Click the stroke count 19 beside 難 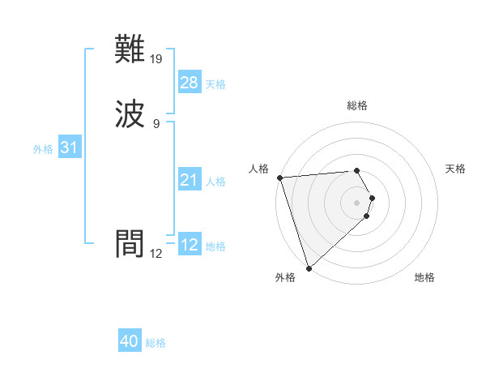pyautogui.click(x=156, y=58)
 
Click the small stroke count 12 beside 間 pyautogui.click(x=156, y=253)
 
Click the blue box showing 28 pyautogui.click(x=190, y=83)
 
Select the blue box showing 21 pyautogui.click(x=190, y=180)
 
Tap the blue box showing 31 pyautogui.click(x=69, y=148)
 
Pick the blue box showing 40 pyautogui.click(x=130, y=341)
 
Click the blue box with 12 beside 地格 pyautogui.click(x=190, y=245)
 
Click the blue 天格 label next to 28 pyautogui.click(x=215, y=84)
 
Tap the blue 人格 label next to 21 pyautogui.click(x=215, y=182)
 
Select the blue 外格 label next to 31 pyautogui.click(x=43, y=149)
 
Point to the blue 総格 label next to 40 pyautogui.click(x=156, y=343)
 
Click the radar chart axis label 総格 pyautogui.click(x=357, y=105)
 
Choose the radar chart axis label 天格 pyautogui.click(x=456, y=169)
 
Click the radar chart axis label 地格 pyautogui.click(x=424, y=277)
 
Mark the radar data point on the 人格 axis pyautogui.click(x=279, y=178)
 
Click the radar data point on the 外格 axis pyautogui.click(x=309, y=268)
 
